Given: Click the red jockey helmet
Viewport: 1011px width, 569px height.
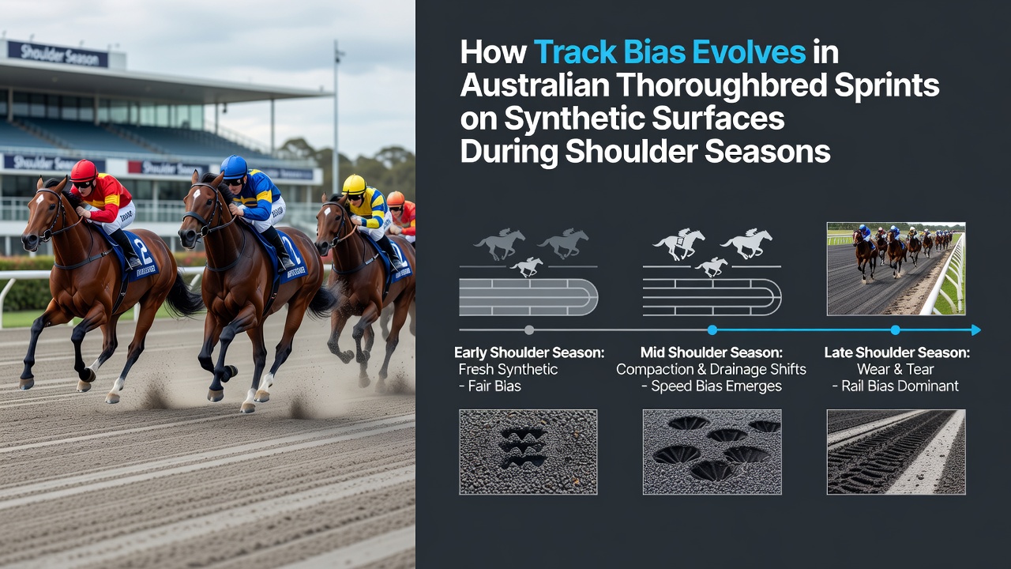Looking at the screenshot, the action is point(84,171).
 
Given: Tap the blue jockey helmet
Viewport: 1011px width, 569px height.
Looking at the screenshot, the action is point(234,167).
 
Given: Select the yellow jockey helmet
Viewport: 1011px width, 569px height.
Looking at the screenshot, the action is point(354,184).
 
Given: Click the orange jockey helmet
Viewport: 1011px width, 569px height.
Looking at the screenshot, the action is point(396,198).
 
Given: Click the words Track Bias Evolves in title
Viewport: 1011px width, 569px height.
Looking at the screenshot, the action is point(670,52).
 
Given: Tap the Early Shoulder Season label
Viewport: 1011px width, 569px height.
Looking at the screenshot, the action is point(529,352).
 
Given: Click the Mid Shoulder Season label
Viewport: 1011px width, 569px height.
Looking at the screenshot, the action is point(712,352).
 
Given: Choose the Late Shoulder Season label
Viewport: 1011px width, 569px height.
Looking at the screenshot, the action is point(896,352).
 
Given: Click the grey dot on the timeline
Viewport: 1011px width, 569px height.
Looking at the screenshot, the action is point(529,330).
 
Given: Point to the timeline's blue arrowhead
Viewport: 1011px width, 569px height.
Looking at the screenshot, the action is point(975,330).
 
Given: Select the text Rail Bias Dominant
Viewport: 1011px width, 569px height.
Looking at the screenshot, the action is point(900,386).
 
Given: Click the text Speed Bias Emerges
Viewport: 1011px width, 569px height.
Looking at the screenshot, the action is point(716,386).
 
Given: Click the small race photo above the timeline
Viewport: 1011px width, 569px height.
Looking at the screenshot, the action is point(896,269).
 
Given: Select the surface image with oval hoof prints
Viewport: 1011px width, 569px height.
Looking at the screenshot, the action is point(712,452).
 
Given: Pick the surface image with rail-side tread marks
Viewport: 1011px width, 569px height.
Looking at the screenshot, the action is point(896,452).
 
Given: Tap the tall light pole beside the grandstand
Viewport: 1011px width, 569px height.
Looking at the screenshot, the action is point(336,118).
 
